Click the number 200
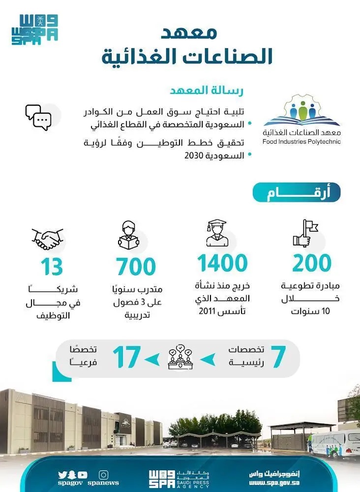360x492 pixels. (312, 264)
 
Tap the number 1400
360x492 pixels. (223, 264)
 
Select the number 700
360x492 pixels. (136, 266)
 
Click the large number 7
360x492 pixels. (278, 358)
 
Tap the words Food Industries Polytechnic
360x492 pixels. (301, 142)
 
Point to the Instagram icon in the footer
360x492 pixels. (103, 475)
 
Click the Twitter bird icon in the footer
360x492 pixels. (62, 475)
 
